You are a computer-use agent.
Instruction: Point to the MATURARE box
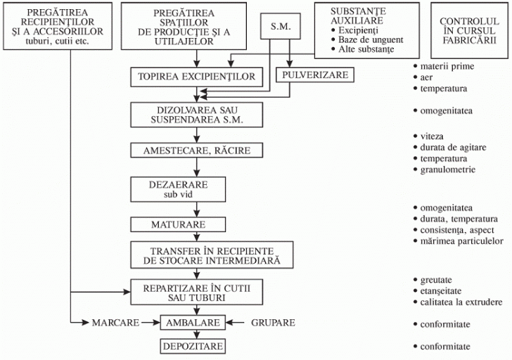[178, 225]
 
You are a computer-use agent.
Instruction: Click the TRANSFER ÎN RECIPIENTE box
[210, 255]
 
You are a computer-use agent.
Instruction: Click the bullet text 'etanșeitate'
[444, 290]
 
